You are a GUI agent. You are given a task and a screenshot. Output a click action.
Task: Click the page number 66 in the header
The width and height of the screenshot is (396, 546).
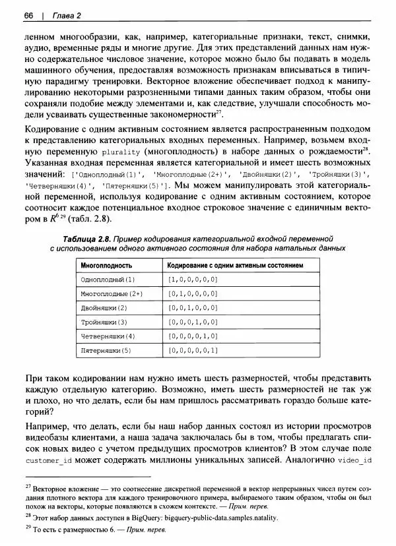(x=28, y=15)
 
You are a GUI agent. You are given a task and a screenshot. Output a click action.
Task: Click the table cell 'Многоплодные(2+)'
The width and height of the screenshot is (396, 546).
(x=107, y=293)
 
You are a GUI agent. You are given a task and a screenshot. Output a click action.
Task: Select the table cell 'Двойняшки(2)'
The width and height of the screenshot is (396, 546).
(x=102, y=308)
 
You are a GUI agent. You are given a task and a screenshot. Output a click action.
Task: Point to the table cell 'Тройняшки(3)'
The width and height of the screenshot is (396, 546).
(x=102, y=322)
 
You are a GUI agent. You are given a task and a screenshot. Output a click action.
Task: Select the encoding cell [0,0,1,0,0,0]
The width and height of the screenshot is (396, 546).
(x=192, y=308)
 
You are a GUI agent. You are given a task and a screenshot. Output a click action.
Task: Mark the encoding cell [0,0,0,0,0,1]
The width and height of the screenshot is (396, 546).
(x=192, y=350)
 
